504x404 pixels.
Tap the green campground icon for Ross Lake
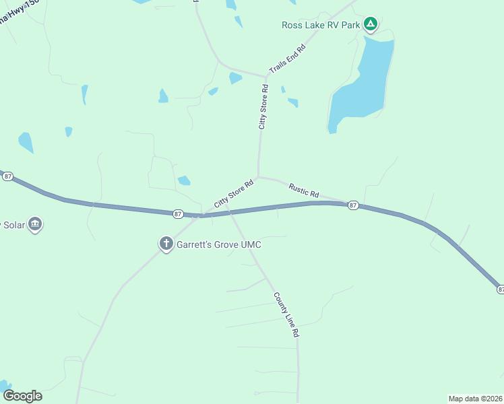370,25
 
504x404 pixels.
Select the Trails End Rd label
288,59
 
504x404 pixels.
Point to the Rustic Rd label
303,190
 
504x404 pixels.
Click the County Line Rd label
286,314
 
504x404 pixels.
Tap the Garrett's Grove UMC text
218,244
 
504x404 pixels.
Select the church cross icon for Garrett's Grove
166,244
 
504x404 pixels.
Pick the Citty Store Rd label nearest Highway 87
233,193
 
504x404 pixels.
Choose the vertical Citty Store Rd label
263,106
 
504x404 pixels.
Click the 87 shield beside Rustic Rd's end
352,205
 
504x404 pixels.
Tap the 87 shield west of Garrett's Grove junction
178,213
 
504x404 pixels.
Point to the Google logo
22,396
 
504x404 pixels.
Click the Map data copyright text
475,399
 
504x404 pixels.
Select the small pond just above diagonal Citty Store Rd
184,180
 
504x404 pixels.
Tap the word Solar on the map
12,224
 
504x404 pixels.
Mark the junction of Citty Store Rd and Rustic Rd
258,177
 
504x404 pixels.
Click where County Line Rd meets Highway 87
230,213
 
